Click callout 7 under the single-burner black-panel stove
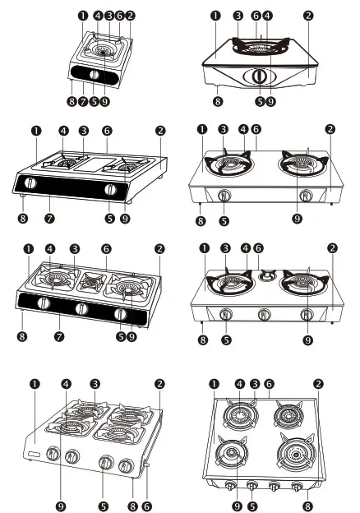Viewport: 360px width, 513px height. coord(83,100)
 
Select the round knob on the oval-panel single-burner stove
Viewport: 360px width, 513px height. coord(260,76)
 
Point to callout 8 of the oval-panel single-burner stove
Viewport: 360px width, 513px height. coord(217,101)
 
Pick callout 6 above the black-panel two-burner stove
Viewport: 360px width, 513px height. coord(107,130)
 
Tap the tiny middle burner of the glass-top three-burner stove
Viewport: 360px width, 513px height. coord(265,276)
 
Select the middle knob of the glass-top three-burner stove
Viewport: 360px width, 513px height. coord(265,313)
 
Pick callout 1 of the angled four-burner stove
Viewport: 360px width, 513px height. coord(35,383)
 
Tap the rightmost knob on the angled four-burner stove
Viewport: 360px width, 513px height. coord(126,465)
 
